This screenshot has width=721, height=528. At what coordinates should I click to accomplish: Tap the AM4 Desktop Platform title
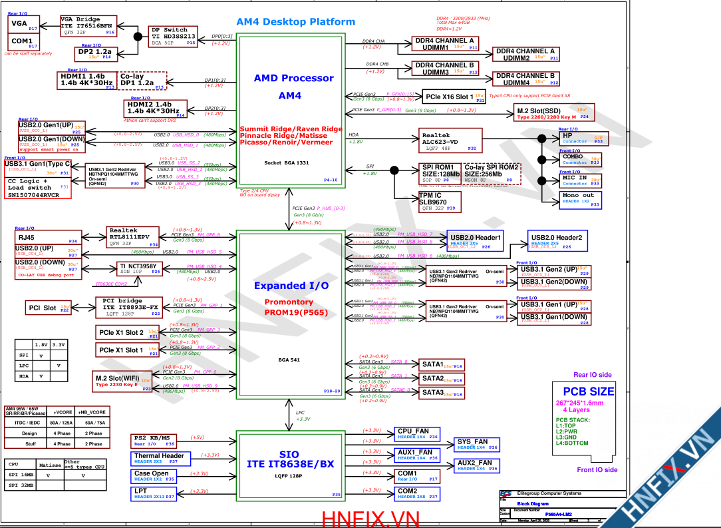pyautogui.click(x=295, y=22)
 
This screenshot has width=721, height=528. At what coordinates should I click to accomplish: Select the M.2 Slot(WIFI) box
pyautogui.click(x=123, y=381)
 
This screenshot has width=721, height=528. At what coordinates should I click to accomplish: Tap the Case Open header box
pyautogui.click(x=154, y=476)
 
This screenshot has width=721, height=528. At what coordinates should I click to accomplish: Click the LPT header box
pyautogui.click(x=154, y=493)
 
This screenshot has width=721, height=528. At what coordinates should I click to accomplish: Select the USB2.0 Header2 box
pyautogui.click(x=557, y=241)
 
